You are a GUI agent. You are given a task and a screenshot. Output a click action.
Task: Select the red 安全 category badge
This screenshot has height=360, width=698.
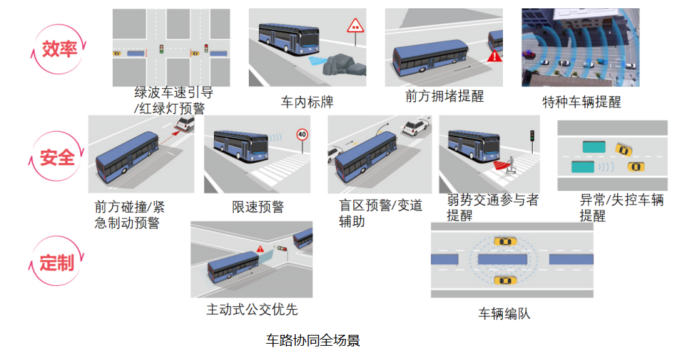click(57, 158)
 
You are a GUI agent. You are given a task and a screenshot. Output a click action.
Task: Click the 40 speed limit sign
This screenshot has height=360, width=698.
click(302, 134)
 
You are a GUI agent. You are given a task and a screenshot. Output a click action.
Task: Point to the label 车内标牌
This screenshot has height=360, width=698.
click(307, 102)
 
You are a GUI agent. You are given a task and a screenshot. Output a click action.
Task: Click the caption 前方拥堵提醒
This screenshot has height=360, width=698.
click(444, 96)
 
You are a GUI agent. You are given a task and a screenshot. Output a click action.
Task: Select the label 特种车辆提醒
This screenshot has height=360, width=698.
click(581, 102)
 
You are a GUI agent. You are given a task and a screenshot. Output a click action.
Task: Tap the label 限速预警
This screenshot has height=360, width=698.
click(258, 206)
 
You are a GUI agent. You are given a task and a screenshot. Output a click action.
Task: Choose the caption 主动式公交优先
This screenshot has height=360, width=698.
click(252, 309)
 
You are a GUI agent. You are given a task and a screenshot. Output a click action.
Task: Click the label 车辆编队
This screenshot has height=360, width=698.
click(504, 313)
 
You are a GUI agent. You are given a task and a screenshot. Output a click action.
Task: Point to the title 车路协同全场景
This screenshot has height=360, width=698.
click(313, 340)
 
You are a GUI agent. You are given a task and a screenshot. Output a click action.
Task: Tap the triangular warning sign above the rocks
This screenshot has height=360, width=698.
click(355, 26)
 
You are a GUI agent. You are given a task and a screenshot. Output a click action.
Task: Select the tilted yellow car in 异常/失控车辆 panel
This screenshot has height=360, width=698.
click(624, 149)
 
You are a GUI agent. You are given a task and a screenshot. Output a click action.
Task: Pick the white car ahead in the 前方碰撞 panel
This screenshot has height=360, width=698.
click(185, 124)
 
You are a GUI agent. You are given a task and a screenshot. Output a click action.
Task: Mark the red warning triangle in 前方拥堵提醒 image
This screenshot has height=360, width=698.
click(494, 56)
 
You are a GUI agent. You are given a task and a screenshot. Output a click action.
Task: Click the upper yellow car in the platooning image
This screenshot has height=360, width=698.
click(505, 242)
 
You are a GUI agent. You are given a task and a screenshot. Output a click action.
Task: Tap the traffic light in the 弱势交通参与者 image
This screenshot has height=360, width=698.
click(531, 136)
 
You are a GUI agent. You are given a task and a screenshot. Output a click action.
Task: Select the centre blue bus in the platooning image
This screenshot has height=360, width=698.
click(502, 259)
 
